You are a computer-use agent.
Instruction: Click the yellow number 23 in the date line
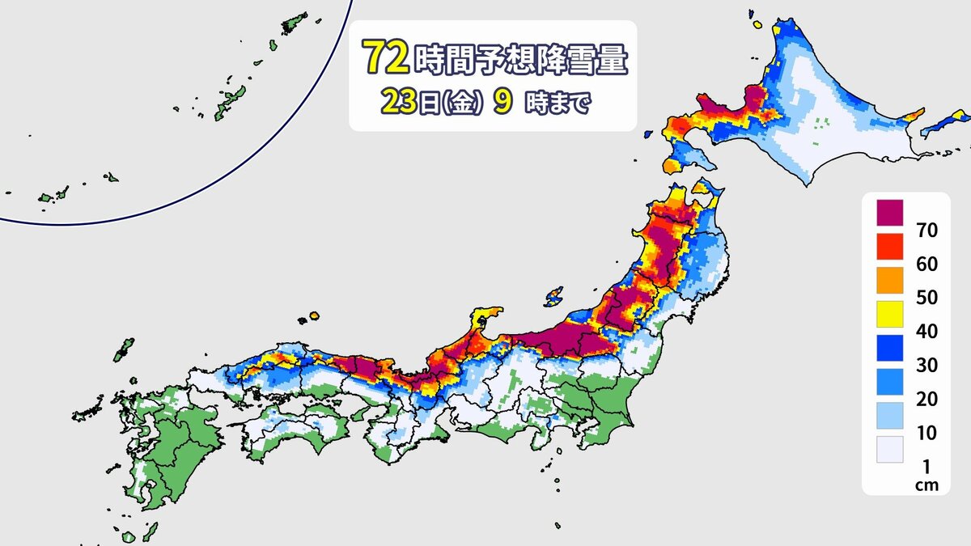(396, 104)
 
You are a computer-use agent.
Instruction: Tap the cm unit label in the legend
(926, 485)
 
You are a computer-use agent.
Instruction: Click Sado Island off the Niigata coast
(554, 295)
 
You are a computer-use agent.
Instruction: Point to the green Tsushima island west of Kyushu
(124, 350)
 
